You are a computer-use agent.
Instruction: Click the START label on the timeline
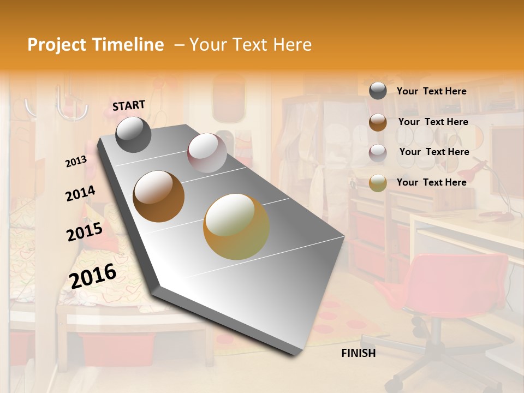coord(129,105)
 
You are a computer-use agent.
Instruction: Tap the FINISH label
coord(358,353)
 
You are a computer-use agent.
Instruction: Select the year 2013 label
coord(76,162)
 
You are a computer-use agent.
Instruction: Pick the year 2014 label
coord(80,194)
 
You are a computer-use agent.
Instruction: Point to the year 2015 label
coord(84,232)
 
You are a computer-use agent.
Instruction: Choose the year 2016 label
coord(93,276)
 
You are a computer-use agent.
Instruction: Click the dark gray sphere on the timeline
coord(133,135)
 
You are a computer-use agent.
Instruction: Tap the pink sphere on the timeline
coord(207,153)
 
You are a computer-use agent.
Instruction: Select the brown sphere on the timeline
coord(159,196)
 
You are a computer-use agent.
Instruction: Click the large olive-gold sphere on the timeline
coord(236,227)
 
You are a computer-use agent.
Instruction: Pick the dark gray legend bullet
coord(378,91)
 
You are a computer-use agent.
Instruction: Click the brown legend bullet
coord(378,122)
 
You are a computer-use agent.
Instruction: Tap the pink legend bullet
coord(378,152)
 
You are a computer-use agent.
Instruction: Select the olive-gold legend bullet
coord(378,183)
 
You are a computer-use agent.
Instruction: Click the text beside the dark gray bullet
coord(431,92)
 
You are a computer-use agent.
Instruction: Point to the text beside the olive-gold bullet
coord(431,182)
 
